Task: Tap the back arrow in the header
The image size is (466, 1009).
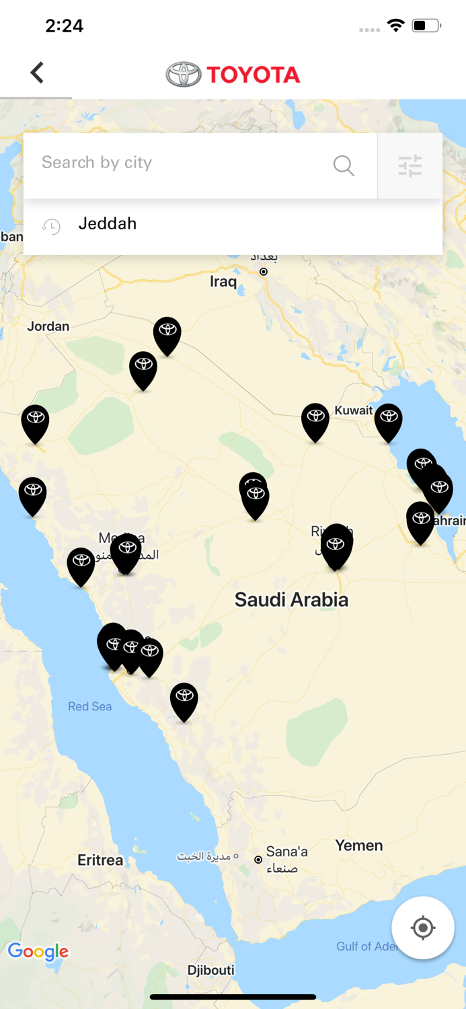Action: (x=37, y=73)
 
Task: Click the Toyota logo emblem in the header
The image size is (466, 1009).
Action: (x=184, y=75)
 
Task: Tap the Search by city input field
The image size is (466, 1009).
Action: (x=182, y=163)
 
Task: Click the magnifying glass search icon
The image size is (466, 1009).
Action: (x=344, y=165)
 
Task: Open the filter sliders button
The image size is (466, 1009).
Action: (x=410, y=165)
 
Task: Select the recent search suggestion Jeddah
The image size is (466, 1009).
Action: (x=108, y=224)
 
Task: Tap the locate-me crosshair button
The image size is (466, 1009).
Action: (x=423, y=928)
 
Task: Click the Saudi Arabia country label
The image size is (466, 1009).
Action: (x=291, y=600)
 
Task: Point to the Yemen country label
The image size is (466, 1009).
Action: (x=359, y=846)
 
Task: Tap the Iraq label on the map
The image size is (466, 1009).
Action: (x=223, y=281)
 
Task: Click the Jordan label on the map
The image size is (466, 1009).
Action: (x=48, y=326)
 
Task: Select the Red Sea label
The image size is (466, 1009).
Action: (x=89, y=706)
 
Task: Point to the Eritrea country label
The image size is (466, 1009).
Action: (x=100, y=860)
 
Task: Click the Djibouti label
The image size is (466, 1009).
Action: (x=211, y=970)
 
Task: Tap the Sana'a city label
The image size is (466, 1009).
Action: (x=286, y=852)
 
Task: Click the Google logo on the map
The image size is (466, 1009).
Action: (x=38, y=951)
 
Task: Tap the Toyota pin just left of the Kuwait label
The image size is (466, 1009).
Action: (x=315, y=421)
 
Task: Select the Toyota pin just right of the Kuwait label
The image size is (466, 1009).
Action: (x=388, y=421)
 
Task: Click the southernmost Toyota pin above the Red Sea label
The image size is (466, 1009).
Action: (x=184, y=700)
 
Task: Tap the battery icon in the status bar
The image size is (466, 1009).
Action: (x=426, y=26)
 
